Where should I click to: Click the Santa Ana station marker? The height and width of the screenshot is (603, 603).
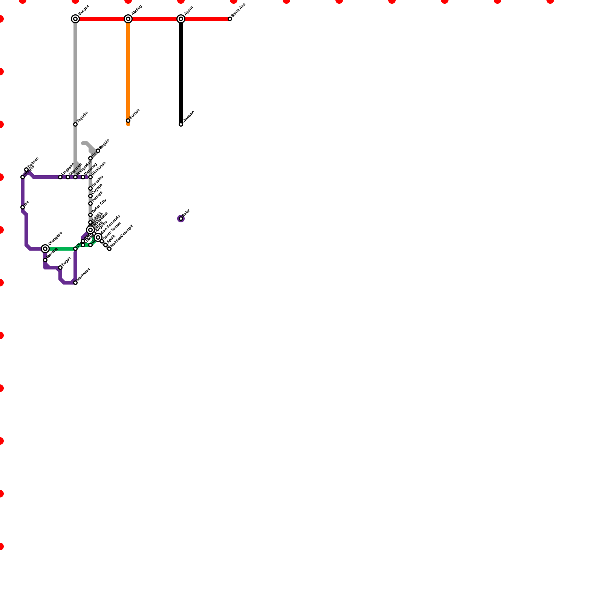230,19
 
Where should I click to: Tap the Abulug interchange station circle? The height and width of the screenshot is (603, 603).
128,19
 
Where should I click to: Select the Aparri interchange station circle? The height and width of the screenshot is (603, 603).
181,19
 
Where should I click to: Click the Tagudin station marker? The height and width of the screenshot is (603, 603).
75,124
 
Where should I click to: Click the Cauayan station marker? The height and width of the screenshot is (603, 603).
181,124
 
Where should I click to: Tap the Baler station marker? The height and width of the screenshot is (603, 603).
181,219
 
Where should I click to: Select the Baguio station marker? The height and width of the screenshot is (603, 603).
98,151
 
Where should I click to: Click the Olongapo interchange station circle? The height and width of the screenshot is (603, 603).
45,249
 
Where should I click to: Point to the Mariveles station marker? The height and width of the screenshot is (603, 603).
75,283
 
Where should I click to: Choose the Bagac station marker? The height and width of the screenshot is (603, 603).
60,268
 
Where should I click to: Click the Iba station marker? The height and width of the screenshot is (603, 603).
23,207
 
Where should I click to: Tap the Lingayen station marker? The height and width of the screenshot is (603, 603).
60,177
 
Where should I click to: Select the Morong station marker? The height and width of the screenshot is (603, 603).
45,260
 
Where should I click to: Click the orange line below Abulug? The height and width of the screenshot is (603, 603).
128,72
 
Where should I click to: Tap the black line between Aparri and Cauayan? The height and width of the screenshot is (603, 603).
181,72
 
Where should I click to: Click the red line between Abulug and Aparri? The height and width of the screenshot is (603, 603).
155,19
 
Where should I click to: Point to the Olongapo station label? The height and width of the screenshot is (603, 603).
55,238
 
